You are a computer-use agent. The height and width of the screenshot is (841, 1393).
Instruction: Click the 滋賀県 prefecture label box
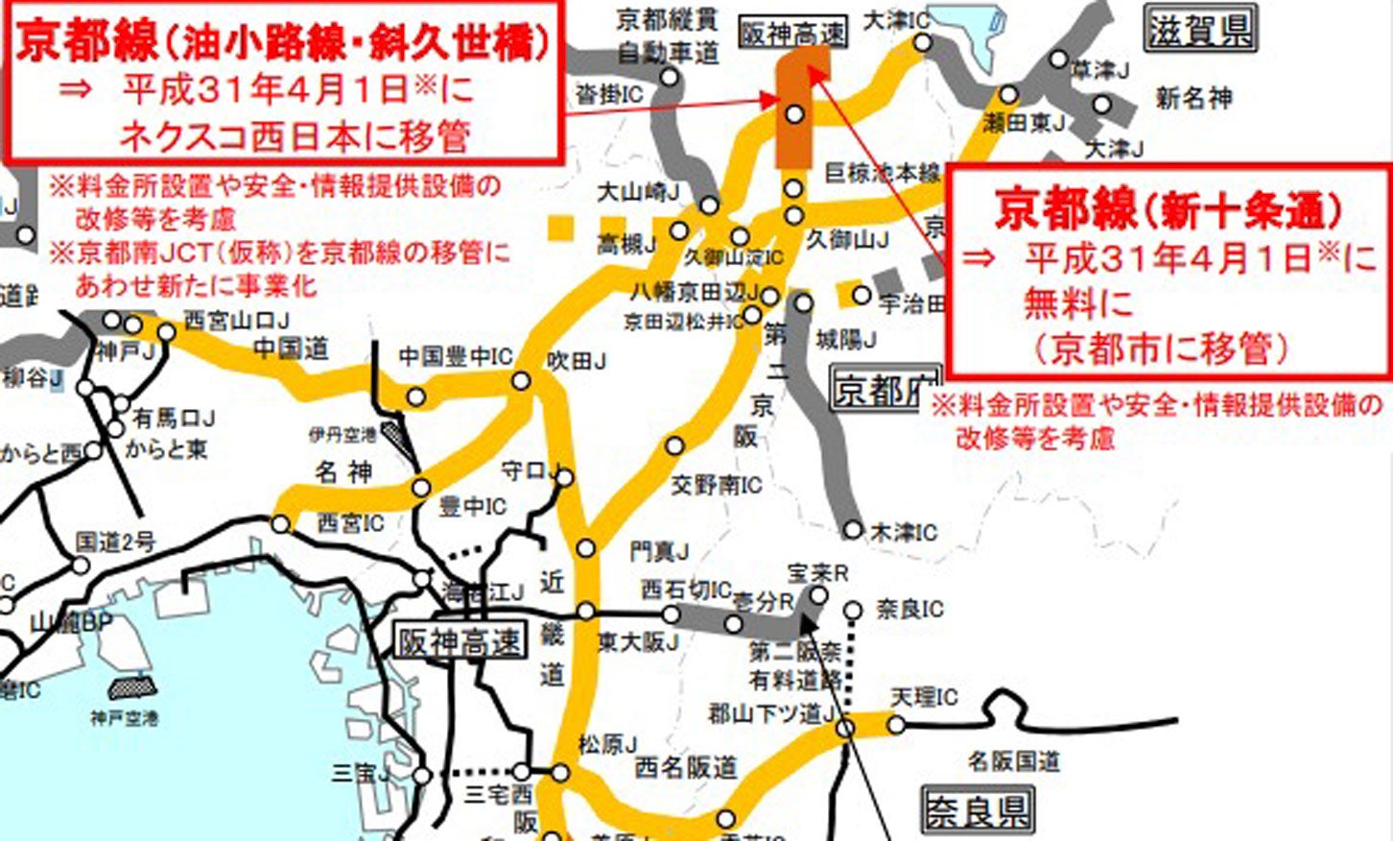click(1200, 30)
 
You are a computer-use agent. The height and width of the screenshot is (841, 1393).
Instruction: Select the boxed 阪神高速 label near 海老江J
click(460, 640)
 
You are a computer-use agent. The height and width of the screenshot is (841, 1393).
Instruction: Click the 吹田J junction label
click(576, 361)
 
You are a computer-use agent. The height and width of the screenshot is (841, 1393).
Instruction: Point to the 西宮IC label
click(350, 523)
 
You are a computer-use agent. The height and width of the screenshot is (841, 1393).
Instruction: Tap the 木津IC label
click(903, 531)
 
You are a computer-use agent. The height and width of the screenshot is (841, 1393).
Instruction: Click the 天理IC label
click(924, 697)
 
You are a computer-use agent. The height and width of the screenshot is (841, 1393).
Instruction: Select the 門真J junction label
click(659, 551)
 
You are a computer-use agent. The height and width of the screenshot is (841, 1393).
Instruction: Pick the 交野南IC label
click(716, 485)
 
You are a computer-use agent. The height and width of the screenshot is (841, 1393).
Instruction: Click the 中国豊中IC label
click(455, 357)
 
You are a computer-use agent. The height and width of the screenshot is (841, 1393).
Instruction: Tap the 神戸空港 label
click(125, 717)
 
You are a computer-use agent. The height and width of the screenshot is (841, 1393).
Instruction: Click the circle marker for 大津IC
click(922, 42)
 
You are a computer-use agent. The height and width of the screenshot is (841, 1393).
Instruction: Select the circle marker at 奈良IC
click(854, 610)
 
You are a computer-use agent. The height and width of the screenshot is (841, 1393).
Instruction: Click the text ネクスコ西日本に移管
click(294, 136)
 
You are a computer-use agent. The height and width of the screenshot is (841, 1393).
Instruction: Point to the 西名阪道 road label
click(686, 767)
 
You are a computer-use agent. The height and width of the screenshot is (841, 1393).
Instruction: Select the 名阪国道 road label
click(1013, 761)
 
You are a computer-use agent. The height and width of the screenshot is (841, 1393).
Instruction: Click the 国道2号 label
click(115, 541)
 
